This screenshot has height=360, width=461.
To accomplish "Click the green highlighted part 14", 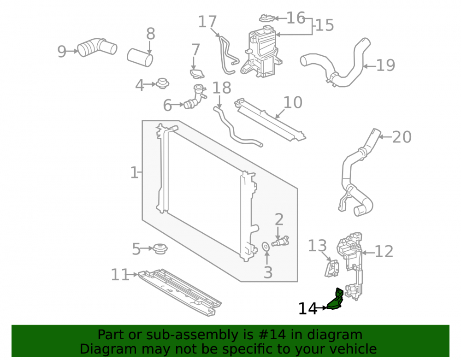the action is pyautogui.click(x=336, y=301).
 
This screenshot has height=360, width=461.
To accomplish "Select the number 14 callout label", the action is pyautogui.click(x=308, y=309).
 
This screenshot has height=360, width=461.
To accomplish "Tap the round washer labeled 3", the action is pyautogui.click(x=266, y=247).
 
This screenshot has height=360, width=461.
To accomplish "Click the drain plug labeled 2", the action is pyautogui.click(x=280, y=242).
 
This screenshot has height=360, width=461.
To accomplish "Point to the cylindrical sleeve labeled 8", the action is pyautogui.click(x=140, y=58).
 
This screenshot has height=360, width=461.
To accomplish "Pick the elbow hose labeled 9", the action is pyautogui.click(x=97, y=47).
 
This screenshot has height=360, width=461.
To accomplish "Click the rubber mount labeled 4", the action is pyautogui.click(x=162, y=83).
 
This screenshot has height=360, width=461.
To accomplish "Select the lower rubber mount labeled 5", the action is pyautogui.click(x=160, y=249).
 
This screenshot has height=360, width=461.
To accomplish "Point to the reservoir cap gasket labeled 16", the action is pyautogui.click(x=267, y=18).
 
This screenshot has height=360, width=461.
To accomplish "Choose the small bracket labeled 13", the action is pyautogui.click(x=331, y=268).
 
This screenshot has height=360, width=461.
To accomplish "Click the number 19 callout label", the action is pyautogui.click(x=385, y=65).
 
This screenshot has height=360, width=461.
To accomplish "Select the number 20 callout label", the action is pyautogui.click(x=402, y=137).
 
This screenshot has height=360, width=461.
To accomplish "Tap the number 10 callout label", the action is pyautogui.click(x=293, y=103).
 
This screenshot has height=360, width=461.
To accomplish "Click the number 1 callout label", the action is pyautogui.click(x=134, y=172).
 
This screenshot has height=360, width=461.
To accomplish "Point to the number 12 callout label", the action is pyautogui.click(x=384, y=252).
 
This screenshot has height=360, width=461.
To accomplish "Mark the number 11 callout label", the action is pyautogui.click(x=120, y=275).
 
